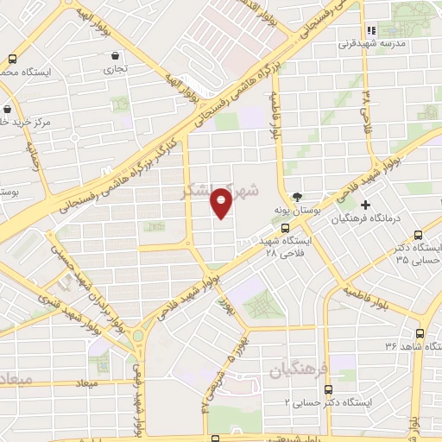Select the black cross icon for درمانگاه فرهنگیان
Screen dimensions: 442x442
click(365, 205)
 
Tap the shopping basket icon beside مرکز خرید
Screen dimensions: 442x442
click(8, 110)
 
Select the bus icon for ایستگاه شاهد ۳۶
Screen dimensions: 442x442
click(420, 333)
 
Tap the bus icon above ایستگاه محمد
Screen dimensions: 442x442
click(11, 60)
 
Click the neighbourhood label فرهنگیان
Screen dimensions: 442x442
click(298, 370)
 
